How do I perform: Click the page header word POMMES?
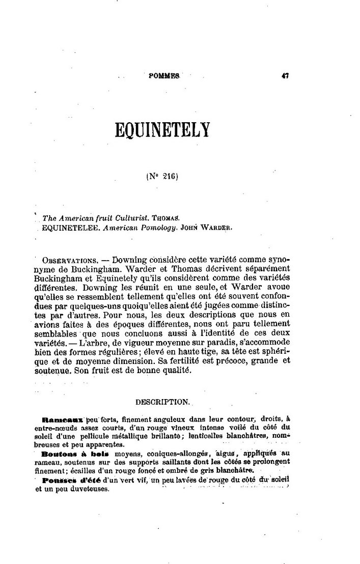(x=164, y=75)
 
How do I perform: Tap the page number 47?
(x=285, y=75)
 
